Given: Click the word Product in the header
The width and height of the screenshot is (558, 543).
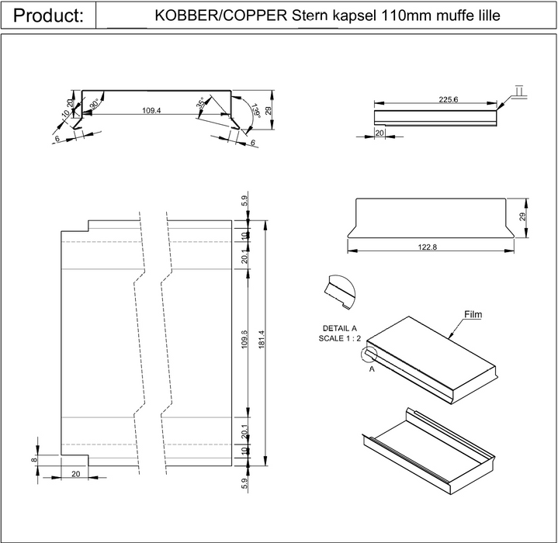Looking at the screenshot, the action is (x=44, y=16).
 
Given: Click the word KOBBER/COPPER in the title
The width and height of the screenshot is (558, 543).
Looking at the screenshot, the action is (x=221, y=16).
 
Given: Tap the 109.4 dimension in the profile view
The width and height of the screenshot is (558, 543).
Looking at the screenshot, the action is (x=151, y=110).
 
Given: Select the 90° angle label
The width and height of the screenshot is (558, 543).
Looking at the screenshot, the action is (x=95, y=103).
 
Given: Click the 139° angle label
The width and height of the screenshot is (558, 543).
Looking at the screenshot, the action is (x=256, y=111).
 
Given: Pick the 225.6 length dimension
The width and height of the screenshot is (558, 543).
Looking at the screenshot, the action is (x=448, y=99).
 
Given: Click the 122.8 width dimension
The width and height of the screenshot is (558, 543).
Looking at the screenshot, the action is (x=427, y=247).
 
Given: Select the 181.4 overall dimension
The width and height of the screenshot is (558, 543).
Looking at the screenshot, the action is (x=262, y=340).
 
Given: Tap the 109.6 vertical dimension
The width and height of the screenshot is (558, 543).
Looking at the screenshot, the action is (x=244, y=340).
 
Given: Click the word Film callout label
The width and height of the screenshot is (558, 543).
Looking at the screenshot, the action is (x=473, y=314).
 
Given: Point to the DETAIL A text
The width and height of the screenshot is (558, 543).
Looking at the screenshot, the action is (x=339, y=328).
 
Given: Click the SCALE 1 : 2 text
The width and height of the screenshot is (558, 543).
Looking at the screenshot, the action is (x=339, y=338).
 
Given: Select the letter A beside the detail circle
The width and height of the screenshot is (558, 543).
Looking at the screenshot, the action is (x=372, y=369).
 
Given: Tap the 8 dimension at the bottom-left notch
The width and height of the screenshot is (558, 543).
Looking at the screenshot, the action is (x=34, y=460).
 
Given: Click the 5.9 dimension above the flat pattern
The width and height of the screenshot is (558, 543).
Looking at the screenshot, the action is (x=244, y=201).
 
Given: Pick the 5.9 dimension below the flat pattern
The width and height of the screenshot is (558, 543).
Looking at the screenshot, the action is (x=244, y=483).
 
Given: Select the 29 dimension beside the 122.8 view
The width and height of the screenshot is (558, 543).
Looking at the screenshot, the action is (x=522, y=216).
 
